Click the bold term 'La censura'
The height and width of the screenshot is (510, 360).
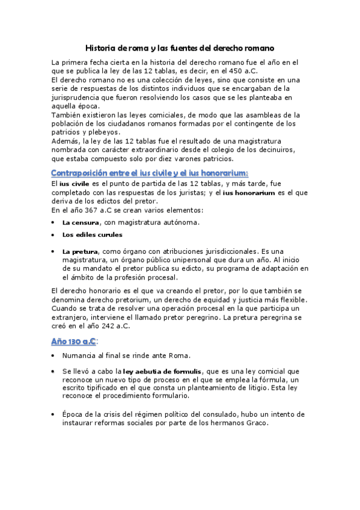pyautogui.click(x=81, y=223)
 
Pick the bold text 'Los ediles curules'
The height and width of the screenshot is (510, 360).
pyautogui.click(x=92, y=235)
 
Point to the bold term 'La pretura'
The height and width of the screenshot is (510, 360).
pyautogui.click(x=81, y=251)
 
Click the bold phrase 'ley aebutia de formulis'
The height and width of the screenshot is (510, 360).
pyautogui.click(x=162, y=372)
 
